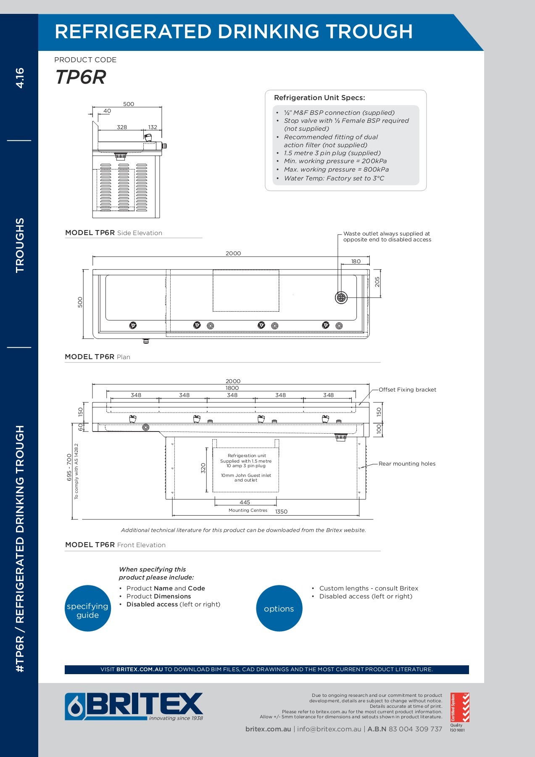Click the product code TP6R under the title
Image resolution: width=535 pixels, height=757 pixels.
click(80, 77)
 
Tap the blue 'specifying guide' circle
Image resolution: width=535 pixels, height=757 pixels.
click(88, 608)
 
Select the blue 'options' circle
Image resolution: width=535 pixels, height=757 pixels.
click(279, 608)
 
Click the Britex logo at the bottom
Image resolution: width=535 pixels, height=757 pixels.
click(134, 707)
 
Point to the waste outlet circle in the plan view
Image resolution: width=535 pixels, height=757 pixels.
click(341, 297)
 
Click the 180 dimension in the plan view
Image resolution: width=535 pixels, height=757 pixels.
click(356, 261)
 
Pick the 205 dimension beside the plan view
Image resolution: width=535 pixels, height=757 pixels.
click(377, 282)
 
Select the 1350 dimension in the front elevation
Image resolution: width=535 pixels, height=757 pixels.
click(281, 511)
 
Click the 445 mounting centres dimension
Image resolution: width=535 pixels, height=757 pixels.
click(245, 502)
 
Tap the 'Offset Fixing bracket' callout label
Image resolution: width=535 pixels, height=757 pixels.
click(407, 389)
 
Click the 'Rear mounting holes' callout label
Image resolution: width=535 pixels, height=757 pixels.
click(407, 463)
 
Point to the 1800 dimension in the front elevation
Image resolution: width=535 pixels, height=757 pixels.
click(232, 388)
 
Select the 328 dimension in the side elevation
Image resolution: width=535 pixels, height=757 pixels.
click(122, 127)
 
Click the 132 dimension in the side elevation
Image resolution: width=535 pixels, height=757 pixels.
click(153, 127)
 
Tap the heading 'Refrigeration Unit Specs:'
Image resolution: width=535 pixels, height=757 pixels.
click(319, 98)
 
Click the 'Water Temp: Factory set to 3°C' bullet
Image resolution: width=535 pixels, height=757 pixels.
click(334, 178)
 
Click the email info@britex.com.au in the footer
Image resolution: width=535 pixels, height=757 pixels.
click(329, 729)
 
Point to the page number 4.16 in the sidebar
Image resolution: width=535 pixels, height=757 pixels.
click(20, 78)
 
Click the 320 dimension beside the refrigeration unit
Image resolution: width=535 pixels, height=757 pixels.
click(203, 468)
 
